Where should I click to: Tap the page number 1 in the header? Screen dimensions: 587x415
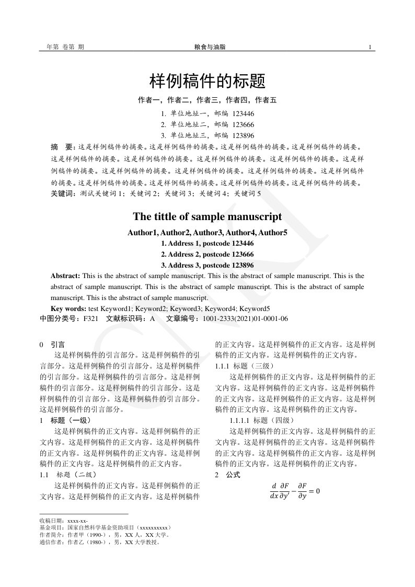[370, 47]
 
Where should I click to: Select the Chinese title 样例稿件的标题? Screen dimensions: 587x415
[208, 81]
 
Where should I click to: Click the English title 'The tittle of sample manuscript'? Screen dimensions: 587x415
[208, 216]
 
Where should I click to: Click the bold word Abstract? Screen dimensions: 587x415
[65, 275]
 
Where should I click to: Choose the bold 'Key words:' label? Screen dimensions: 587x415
[68, 308]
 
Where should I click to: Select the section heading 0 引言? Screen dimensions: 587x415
[52, 345]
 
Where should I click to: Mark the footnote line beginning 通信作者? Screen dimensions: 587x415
[99, 543]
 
